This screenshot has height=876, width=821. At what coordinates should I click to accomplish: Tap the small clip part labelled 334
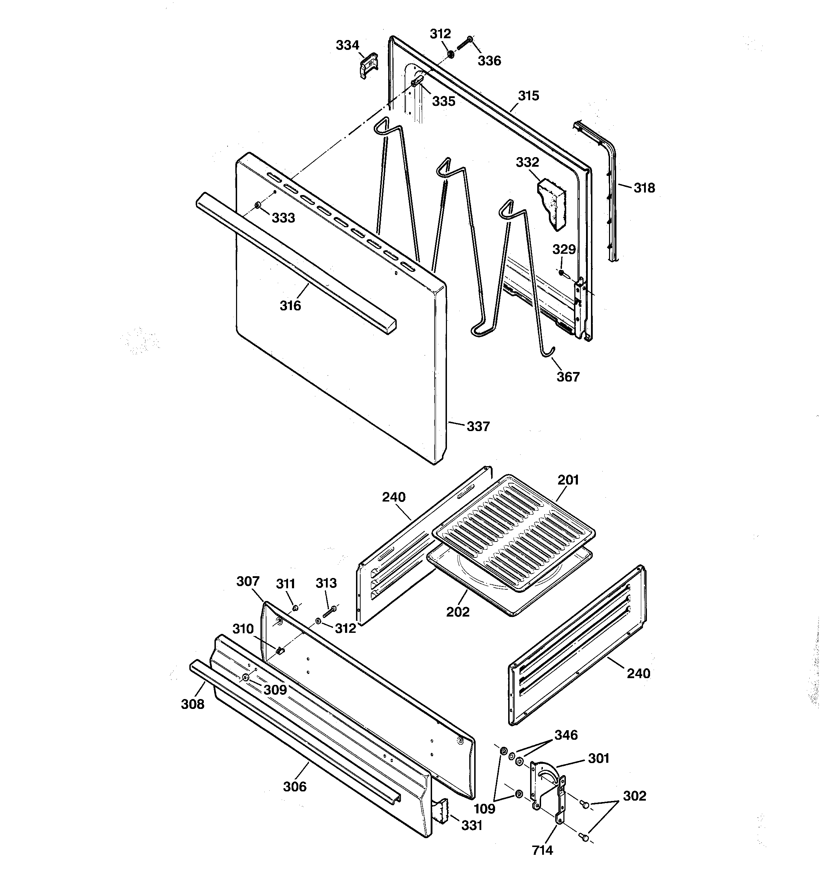point(368,65)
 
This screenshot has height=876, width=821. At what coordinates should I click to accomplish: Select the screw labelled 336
point(464,44)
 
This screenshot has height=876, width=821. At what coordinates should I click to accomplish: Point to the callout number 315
point(528,96)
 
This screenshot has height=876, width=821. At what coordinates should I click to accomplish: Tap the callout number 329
point(564,250)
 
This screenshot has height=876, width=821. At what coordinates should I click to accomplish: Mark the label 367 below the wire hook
point(568,377)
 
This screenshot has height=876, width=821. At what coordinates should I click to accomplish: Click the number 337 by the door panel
point(478,426)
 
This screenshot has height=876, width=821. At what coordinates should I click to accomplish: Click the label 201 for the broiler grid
point(568,480)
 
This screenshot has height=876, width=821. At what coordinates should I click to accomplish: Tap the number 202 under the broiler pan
point(458,612)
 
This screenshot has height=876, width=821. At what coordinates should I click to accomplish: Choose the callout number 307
point(248,581)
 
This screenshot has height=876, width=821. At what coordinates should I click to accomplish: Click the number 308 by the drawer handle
point(193,704)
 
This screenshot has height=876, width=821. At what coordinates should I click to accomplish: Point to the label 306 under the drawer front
point(294,786)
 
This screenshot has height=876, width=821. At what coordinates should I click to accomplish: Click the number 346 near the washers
point(566,735)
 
